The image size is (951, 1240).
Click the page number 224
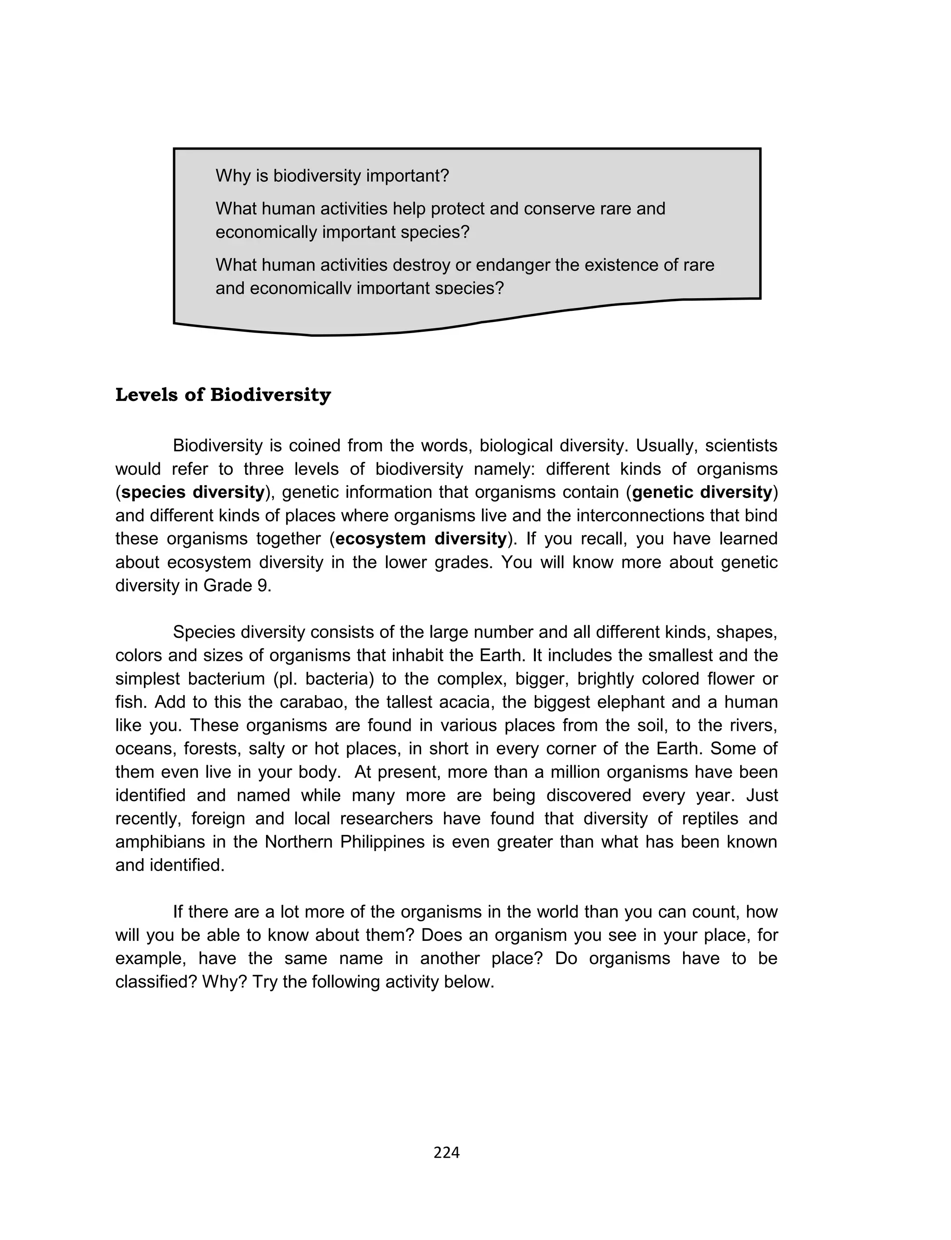446,1153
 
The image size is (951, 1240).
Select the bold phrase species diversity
192,492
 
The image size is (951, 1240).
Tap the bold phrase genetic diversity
702,492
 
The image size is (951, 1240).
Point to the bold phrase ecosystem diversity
421,538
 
